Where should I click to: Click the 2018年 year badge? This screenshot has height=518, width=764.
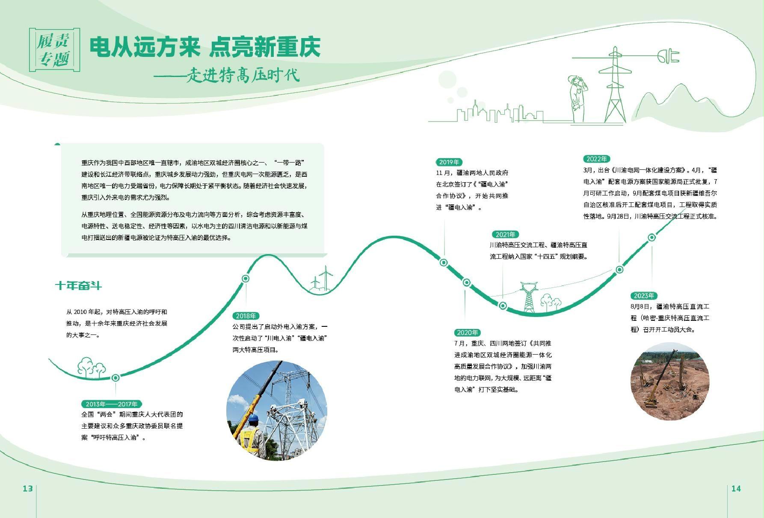(246, 316)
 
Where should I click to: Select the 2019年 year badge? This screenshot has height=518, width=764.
(449, 162)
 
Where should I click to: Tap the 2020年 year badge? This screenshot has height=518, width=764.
(467, 332)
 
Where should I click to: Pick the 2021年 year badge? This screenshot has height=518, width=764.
(505, 234)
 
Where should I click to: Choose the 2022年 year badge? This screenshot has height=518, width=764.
(596, 159)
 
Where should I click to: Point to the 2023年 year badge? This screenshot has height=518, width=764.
(644, 296)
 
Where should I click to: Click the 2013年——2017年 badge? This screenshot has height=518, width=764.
(111, 404)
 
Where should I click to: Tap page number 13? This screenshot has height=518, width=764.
(28, 488)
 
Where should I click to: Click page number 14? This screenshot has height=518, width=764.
(736, 488)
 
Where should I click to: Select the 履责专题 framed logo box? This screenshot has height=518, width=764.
(54, 50)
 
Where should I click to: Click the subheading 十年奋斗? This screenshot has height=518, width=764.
(78, 285)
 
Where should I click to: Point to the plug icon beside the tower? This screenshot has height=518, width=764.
(668, 56)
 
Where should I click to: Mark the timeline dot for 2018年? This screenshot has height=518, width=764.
(246, 278)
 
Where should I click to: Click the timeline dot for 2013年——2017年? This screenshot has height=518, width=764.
(115, 378)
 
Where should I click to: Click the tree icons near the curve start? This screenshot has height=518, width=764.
(91, 367)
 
